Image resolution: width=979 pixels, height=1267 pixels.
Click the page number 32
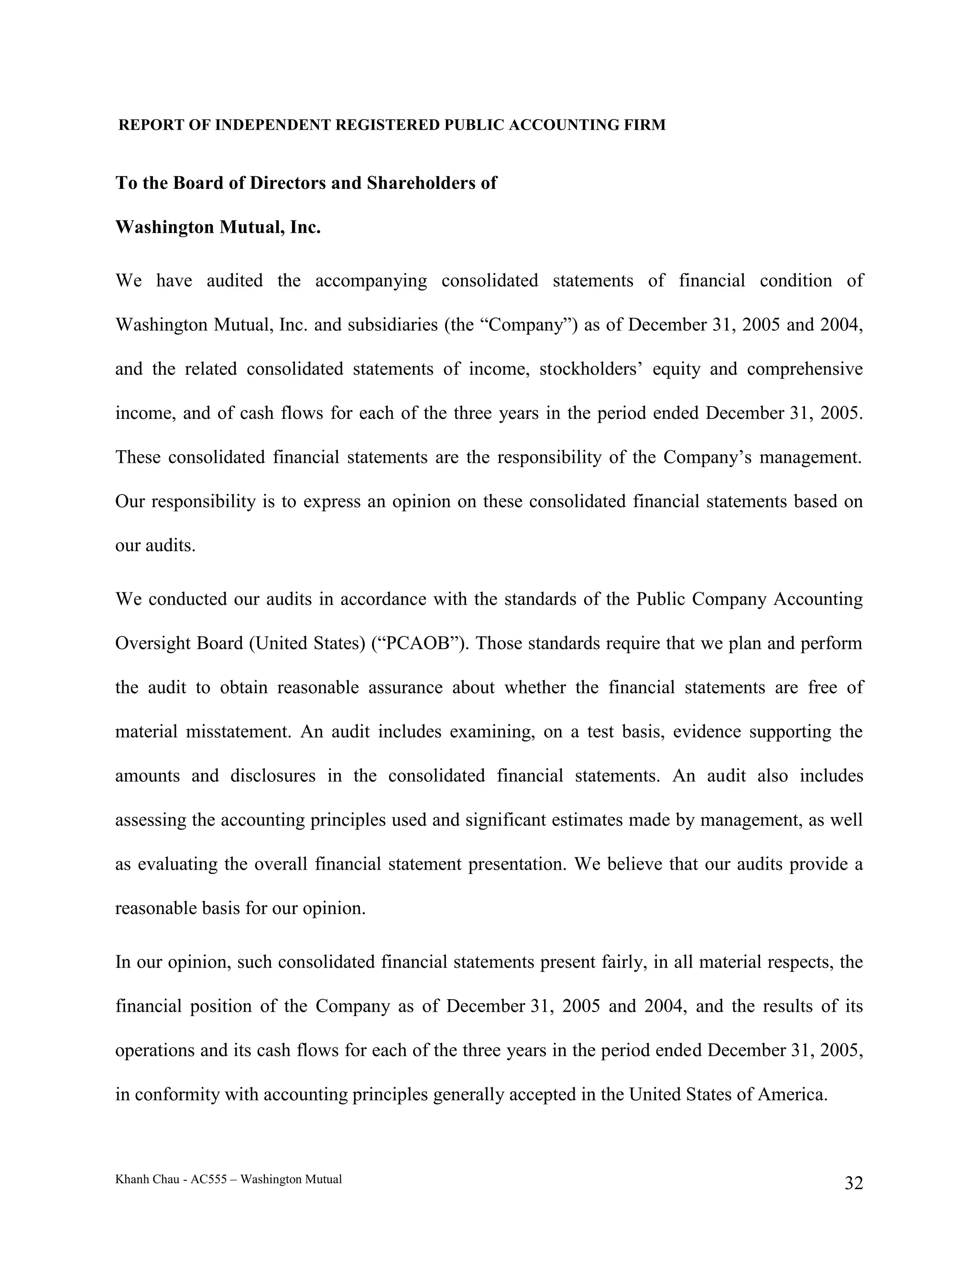coord(853,1183)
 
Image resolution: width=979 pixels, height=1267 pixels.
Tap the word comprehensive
coord(805,369)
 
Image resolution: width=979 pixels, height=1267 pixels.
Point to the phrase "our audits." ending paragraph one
coord(155,546)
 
